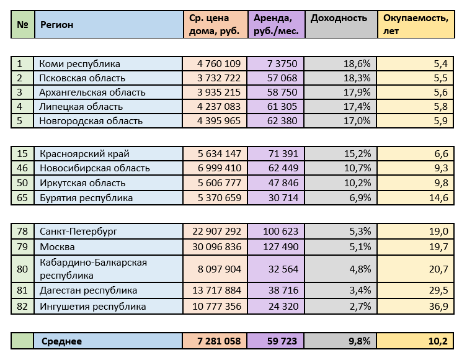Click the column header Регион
[57, 25]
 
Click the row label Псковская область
[82, 78]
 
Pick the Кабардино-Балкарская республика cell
[93, 269]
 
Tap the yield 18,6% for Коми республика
[358, 63]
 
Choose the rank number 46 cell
[24, 168]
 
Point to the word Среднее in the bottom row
[61, 341]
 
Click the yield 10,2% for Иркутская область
[358, 183]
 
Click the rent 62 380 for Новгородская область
[283, 121]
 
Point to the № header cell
[23, 25]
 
